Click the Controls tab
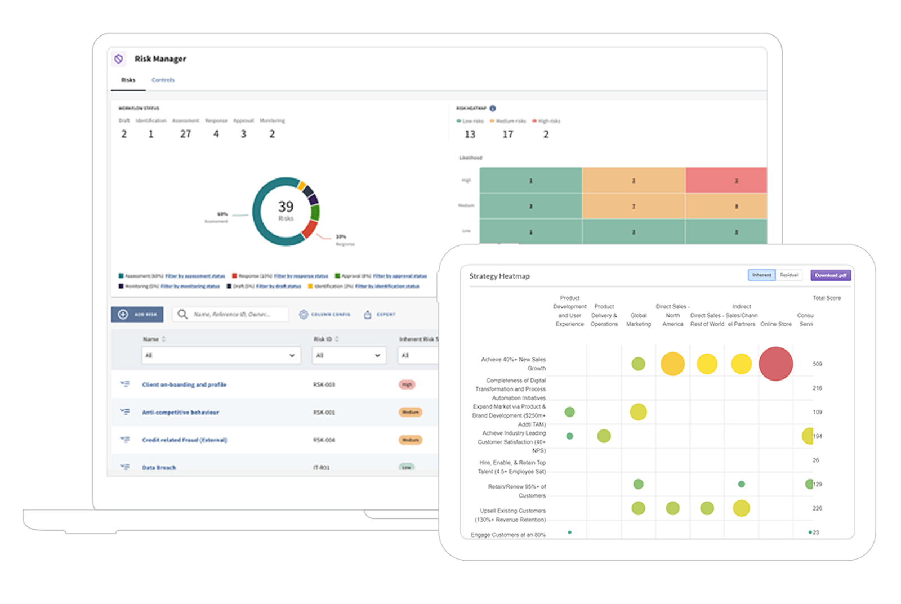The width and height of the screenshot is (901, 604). tap(163, 80)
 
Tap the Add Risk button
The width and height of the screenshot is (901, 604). tap(137, 314)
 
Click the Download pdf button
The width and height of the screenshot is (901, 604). tap(831, 275)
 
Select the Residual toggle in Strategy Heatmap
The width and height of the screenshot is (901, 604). tap(788, 275)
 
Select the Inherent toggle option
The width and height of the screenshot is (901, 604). tap(761, 275)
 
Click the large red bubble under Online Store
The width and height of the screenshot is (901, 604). tap(775, 364)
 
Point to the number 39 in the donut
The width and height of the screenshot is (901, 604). tap(286, 207)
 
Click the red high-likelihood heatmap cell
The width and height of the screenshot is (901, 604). tap(726, 180)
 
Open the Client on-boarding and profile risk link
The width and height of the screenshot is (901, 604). tap(184, 384)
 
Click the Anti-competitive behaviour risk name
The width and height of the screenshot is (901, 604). tap(180, 412)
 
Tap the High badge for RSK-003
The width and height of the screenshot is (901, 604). tap(407, 384)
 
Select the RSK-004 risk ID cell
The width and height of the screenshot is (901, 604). tap(324, 440)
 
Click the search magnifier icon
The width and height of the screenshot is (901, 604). tap(182, 314)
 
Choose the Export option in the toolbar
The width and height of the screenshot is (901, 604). tap(380, 315)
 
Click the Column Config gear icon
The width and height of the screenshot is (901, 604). tap(304, 315)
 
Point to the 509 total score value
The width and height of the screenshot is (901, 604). tap(817, 364)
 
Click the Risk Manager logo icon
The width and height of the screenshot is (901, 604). tap(118, 59)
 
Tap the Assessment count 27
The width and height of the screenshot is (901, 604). tap(185, 134)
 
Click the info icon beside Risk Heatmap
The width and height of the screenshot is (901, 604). tap(493, 108)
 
